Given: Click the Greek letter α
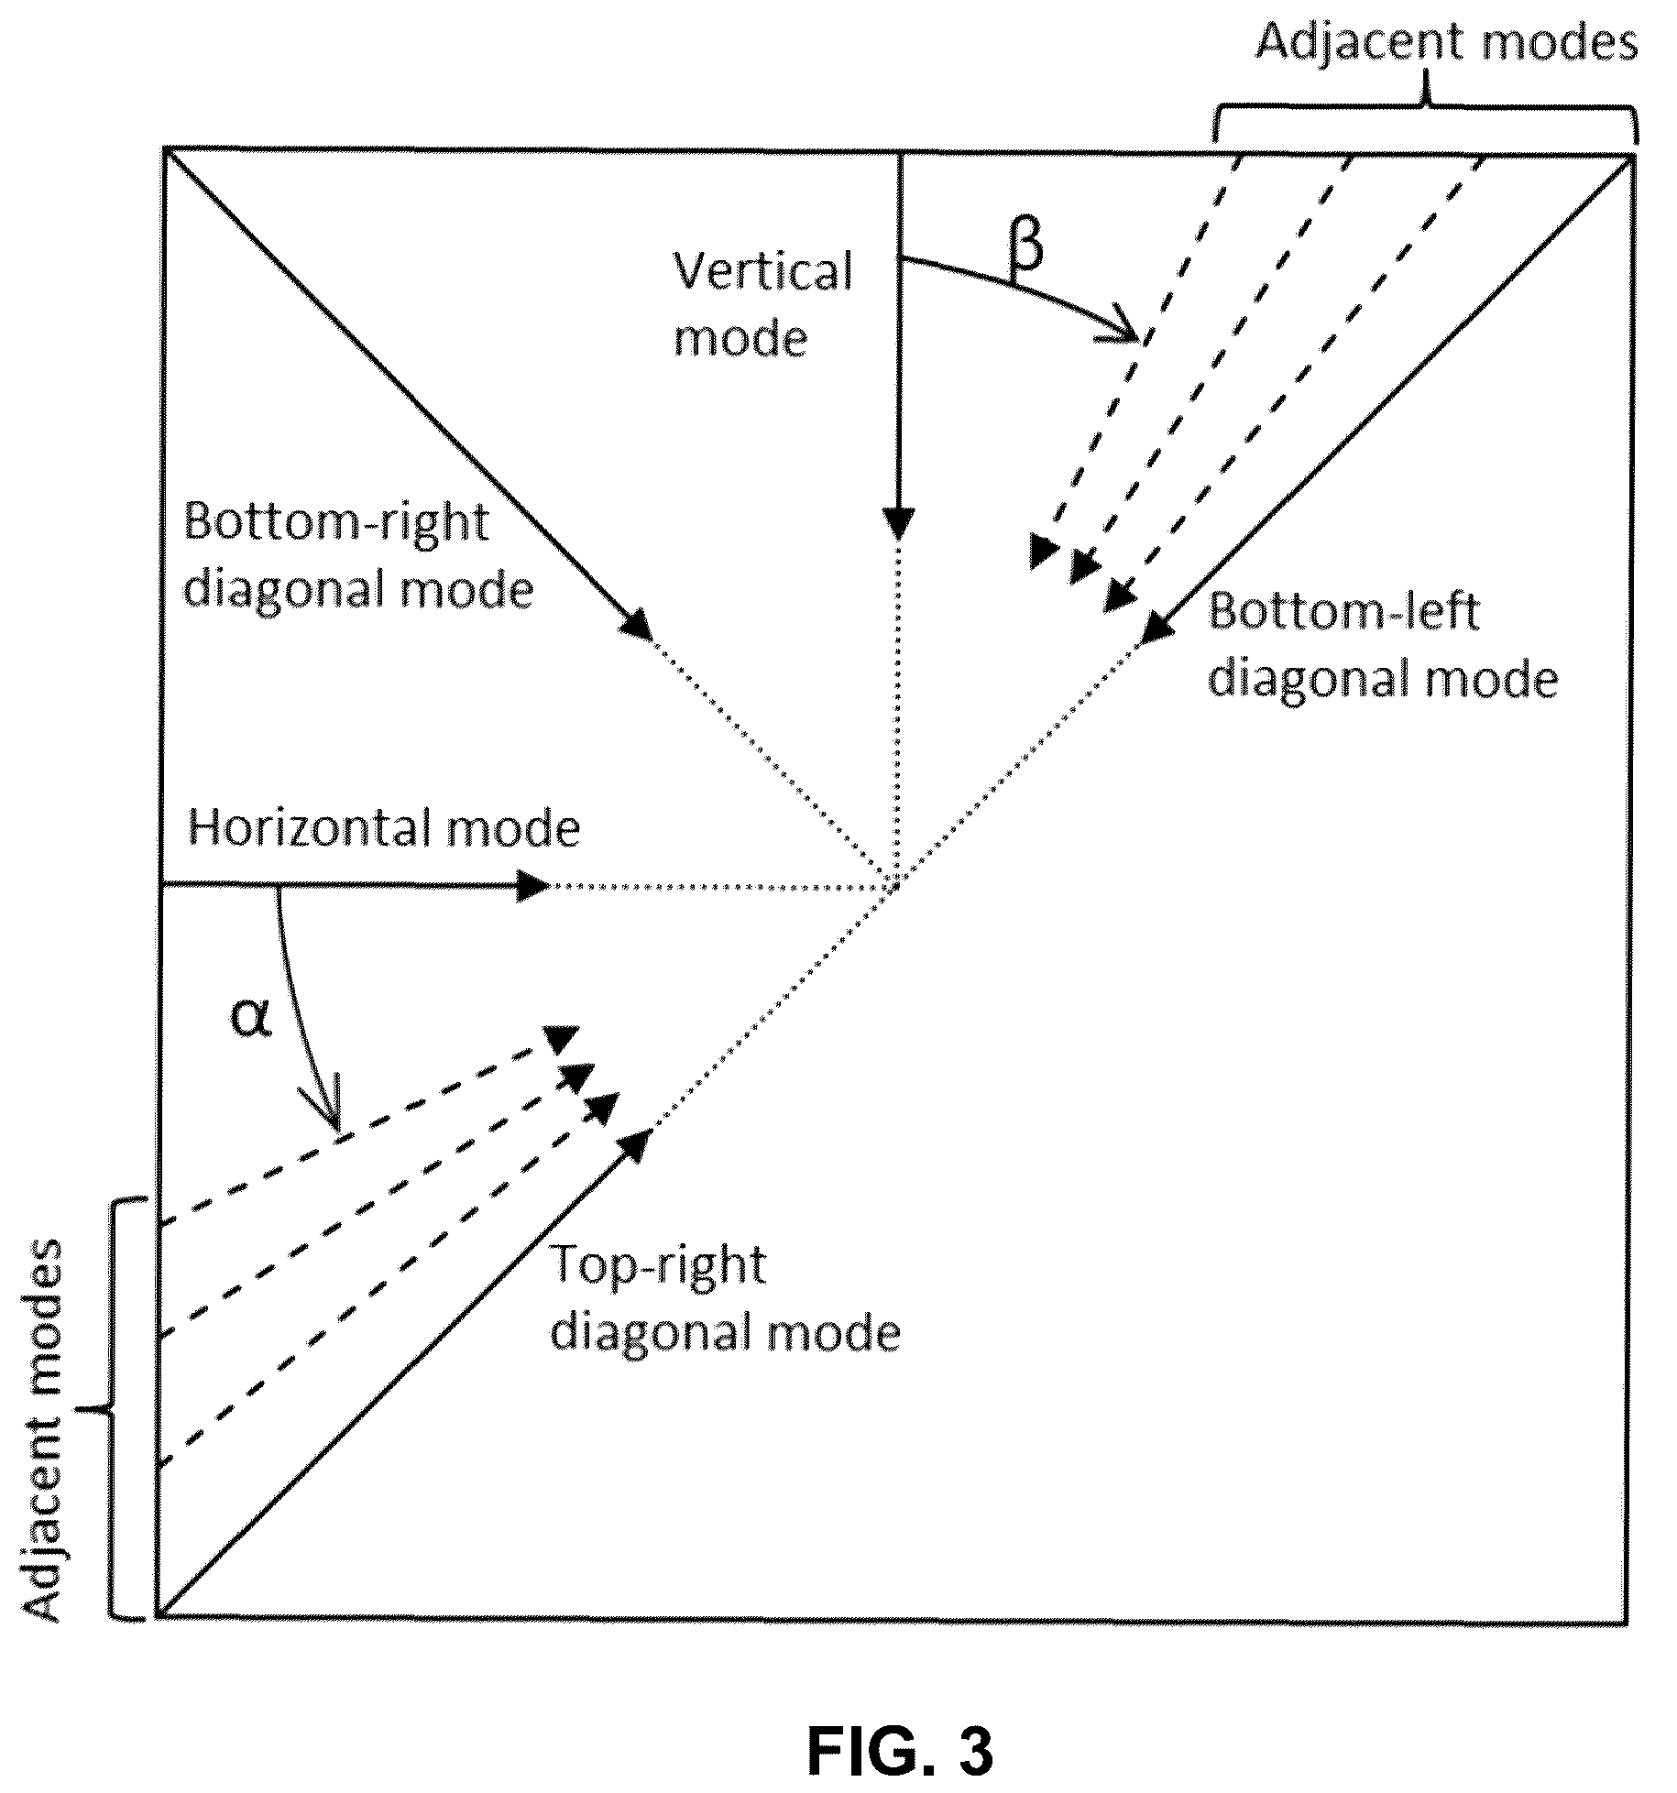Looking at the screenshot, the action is coord(250,1018).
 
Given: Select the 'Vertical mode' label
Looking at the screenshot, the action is coord(763,305).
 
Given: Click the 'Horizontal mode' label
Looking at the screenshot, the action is coord(384,829).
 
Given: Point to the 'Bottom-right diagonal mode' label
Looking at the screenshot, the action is coord(358,555).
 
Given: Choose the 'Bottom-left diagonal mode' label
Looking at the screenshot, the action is coord(1383,646).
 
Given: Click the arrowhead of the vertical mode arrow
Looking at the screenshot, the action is coord(899,525).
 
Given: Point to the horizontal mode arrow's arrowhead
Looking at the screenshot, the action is coord(532,885).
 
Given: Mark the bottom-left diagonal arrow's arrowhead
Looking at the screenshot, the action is coord(1158,626).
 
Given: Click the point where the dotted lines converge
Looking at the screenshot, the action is coord(896,885).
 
